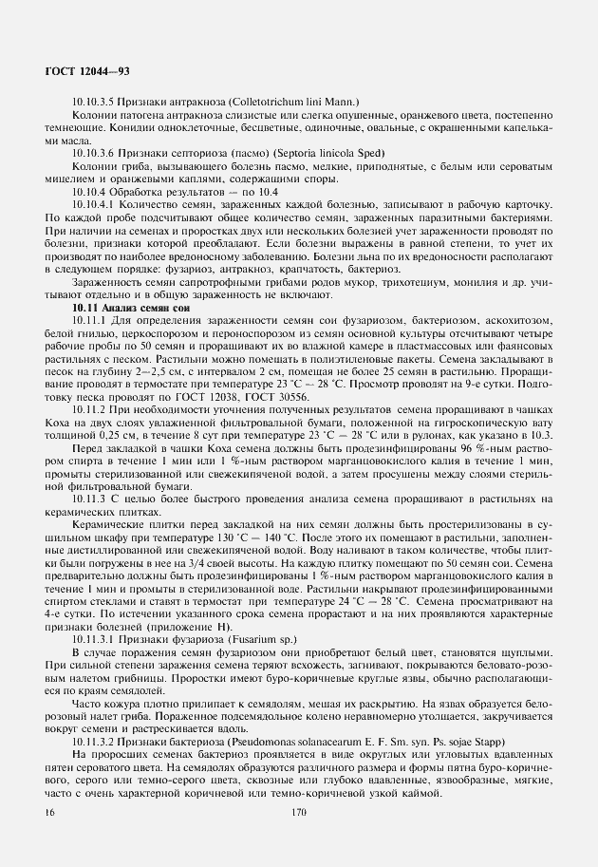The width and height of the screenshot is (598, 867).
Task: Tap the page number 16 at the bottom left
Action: [49, 813]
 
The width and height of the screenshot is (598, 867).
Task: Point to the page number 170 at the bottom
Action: [300, 813]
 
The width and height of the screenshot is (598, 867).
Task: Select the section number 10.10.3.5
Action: [95, 101]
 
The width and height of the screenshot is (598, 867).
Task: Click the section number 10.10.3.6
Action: [95, 153]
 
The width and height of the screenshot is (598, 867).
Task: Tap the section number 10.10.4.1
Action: [95, 204]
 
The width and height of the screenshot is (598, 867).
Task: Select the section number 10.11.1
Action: [90, 320]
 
